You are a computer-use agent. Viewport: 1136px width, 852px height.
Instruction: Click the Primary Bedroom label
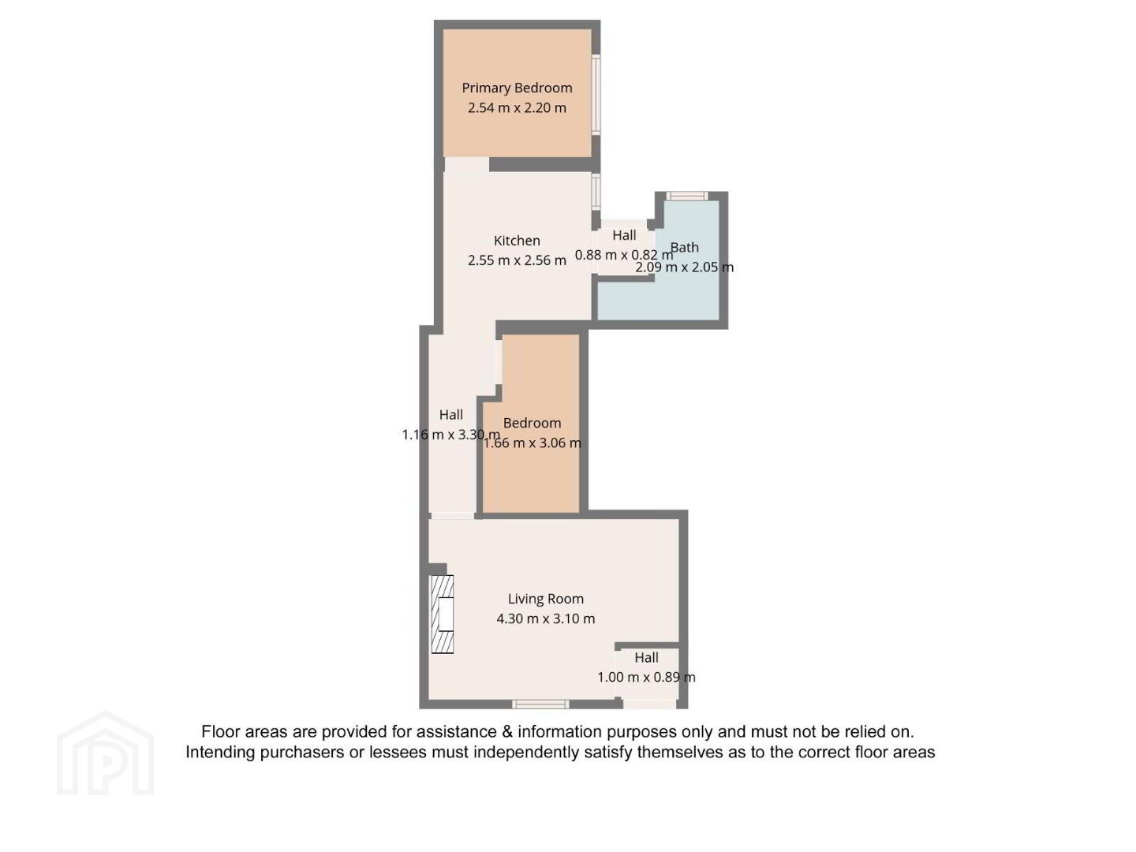pos(517,88)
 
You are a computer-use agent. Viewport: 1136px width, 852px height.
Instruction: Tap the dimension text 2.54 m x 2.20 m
pos(517,107)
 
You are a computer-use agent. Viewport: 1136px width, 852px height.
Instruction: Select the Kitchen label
pos(517,241)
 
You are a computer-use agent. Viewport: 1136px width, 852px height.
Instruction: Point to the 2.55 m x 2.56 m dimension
pos(517,260)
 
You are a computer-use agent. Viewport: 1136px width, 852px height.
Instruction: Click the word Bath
pos(684,247)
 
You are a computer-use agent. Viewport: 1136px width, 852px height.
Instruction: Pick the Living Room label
pos(545,599)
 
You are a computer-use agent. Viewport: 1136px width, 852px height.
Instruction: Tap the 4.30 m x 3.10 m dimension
pos(545,618)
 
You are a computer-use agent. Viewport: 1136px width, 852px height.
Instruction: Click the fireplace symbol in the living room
pos(443,615)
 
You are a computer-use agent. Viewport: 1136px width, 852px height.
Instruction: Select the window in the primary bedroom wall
pos(596,95)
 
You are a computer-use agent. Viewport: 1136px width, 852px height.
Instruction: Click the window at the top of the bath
pos(686,196)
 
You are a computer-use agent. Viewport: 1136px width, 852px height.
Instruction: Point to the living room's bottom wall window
pos(540,704)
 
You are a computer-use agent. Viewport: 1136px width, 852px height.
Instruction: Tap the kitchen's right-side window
pos(596,192)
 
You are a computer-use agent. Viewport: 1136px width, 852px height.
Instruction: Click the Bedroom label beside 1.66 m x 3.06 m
pos(532,423)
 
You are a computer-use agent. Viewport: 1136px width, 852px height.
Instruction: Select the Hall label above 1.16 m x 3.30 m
pos(450,415)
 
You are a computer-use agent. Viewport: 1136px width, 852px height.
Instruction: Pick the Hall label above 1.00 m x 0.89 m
pos(646,657)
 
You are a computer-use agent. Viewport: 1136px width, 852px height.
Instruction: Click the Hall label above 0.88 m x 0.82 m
pos(624,235)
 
